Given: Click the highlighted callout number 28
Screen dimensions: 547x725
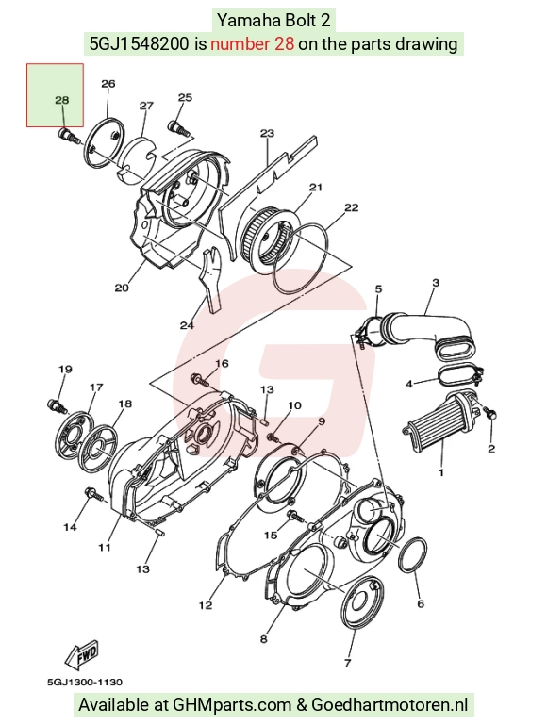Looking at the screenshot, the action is coord(61,100).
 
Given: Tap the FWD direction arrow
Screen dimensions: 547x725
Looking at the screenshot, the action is coord(82,654).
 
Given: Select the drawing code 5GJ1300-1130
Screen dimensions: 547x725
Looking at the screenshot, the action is coord(85,682).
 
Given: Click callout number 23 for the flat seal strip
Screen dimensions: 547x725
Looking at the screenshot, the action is coord(267,133).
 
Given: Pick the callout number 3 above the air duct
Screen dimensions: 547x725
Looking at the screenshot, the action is coord(436,282).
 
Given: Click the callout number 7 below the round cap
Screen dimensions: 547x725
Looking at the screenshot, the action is coord(348,663).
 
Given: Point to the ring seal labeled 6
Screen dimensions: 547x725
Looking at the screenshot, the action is coord(412,556).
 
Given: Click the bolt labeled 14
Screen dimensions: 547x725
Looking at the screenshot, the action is coord(94,494).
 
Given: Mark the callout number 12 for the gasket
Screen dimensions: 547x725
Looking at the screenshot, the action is coord(206,604).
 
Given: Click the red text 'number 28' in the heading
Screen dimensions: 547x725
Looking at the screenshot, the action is coord(253,44).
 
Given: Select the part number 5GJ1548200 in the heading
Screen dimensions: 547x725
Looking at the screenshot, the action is coord(139,44).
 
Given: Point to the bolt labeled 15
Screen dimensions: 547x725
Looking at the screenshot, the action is coord(295,516).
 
